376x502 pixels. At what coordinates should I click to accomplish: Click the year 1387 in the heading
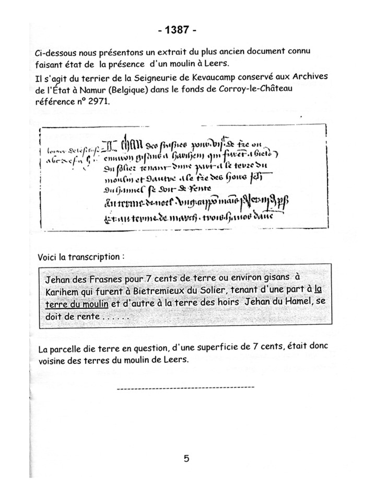click(x=177, y=30)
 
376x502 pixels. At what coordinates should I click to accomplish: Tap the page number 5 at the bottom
click(x=186, y=459)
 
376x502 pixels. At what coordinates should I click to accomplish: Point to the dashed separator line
click(x=186, y=387)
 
